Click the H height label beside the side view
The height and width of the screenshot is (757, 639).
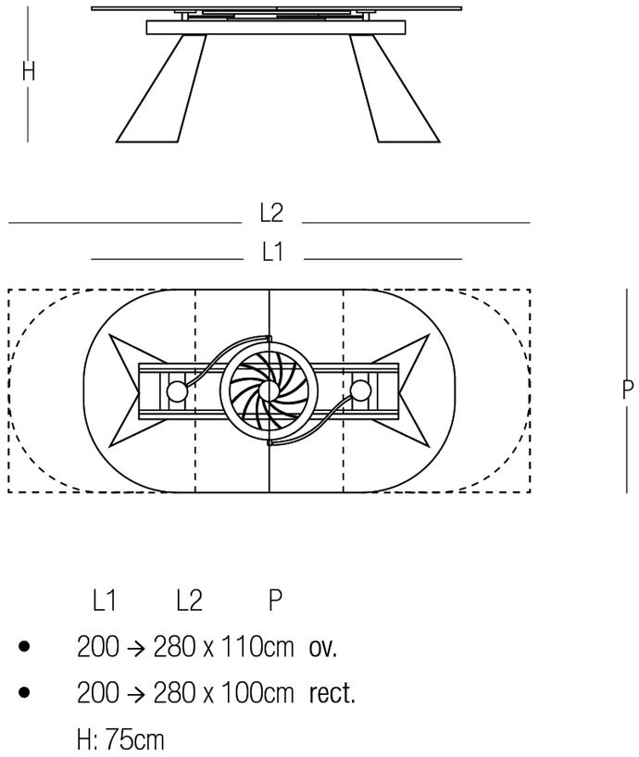coord(29,71)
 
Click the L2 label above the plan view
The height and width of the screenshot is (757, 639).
coord(271,213)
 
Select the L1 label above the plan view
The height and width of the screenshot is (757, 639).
coord(272,252)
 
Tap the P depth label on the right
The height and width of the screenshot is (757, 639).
coord(627,390)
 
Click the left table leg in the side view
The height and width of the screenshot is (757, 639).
coord(162,89)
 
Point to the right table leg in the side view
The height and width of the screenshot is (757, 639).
coord(395,89)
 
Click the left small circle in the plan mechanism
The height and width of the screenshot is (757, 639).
coord(177,391)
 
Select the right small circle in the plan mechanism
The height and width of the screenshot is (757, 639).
coord(361,391)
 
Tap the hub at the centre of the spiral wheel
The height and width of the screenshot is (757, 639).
coord(269,391)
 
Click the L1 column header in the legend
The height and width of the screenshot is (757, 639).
coord(105,601)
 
